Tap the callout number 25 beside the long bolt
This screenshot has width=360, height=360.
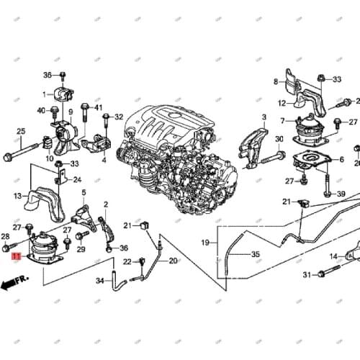21,130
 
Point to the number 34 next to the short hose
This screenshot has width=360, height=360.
99,281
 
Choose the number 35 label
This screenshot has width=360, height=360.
255,255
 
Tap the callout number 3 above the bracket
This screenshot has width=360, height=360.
264,117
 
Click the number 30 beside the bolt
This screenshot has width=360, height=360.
279,139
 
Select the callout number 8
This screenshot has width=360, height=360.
274,81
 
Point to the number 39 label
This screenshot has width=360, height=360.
341,194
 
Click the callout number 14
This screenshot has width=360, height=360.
333,256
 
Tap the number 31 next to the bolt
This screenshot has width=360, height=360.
305,274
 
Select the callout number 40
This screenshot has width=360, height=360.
42,110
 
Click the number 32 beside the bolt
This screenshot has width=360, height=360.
119,117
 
